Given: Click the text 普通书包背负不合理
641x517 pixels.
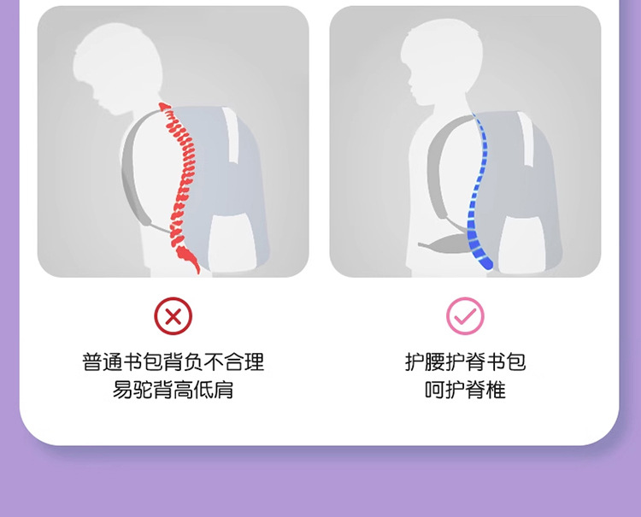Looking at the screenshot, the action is [173, 361].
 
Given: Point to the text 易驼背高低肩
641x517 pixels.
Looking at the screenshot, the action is [173, 391].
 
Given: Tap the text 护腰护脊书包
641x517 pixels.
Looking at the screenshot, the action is [465, 361].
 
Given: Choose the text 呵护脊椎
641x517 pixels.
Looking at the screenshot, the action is [465, 391].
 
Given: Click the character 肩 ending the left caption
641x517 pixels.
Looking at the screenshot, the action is [224, 391].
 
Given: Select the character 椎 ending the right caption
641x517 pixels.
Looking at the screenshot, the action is [496, 391].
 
